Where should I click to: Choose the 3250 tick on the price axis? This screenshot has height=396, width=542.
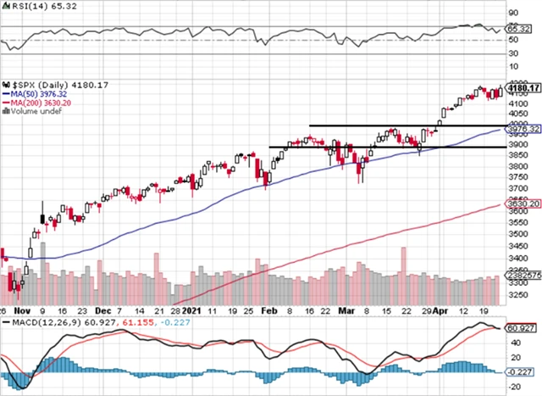(513, 295)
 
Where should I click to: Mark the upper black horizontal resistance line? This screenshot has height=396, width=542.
(398, 125)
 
